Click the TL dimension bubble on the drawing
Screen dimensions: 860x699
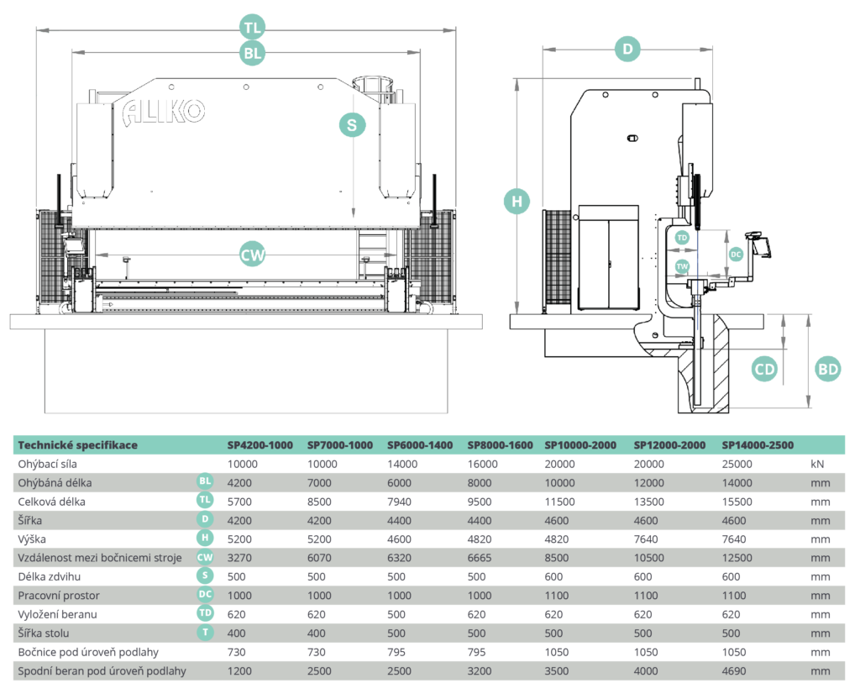pos(252,28)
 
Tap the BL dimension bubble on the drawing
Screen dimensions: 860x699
pos(252,53)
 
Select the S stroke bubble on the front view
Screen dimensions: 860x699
pos(352,125)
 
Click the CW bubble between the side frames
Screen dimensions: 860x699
pos(252,255)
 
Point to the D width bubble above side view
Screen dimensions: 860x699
pos(627,49)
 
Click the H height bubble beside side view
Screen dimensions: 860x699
pos(517,202)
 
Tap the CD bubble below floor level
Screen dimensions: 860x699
pos(764,369)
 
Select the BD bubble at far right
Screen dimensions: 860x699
pos(827,369)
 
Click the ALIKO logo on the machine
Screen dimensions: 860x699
pos(164,113)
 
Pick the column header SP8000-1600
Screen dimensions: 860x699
pos(500,445)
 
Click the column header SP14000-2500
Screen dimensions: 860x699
pos(758,445)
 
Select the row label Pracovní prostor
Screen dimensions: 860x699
pos(59,596)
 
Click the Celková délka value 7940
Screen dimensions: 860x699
pos(399,502)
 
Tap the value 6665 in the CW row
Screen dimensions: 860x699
pos(480,558)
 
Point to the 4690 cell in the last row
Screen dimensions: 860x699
pos(734,671)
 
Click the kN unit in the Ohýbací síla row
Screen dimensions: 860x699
pos(817,464)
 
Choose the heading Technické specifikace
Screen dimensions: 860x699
pos(77,445)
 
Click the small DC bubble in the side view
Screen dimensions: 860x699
pos(736,254)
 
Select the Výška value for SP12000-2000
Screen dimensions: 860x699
pos(646,539)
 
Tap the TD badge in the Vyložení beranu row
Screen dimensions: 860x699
pos(205,612)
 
